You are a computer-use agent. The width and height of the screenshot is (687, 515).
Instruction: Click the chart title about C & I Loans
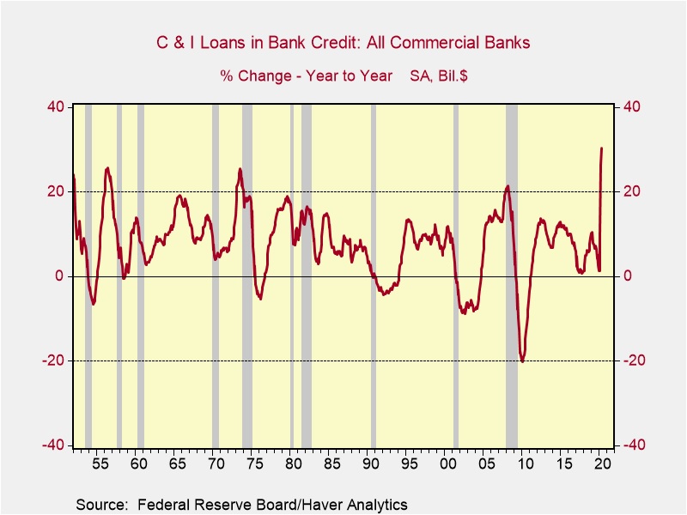tap(343, 42)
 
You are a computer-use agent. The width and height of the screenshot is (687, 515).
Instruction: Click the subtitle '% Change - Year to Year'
tap(307, 76)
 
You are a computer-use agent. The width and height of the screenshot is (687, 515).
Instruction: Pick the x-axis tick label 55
tap(100, 464)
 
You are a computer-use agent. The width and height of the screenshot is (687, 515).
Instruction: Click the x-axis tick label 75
tap(253, 464)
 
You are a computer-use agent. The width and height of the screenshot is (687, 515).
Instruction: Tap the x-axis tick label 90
tap(370, 464)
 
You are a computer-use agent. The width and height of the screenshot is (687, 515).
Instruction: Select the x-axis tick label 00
tap(447, 464)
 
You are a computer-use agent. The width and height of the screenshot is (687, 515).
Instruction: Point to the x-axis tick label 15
tap(563, 464)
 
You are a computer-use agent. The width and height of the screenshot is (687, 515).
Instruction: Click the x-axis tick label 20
tap(602, 464)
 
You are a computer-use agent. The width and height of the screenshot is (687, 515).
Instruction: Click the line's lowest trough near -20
tap(522, 361)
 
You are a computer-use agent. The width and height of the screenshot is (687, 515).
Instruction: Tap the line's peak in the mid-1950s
tap(107, 168)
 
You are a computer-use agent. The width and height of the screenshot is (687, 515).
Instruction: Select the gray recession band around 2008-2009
tap(512, 275)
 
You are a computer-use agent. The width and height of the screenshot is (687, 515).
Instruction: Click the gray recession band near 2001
tap(456, 275)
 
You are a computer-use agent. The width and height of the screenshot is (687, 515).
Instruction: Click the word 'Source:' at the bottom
tap(100, 504)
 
